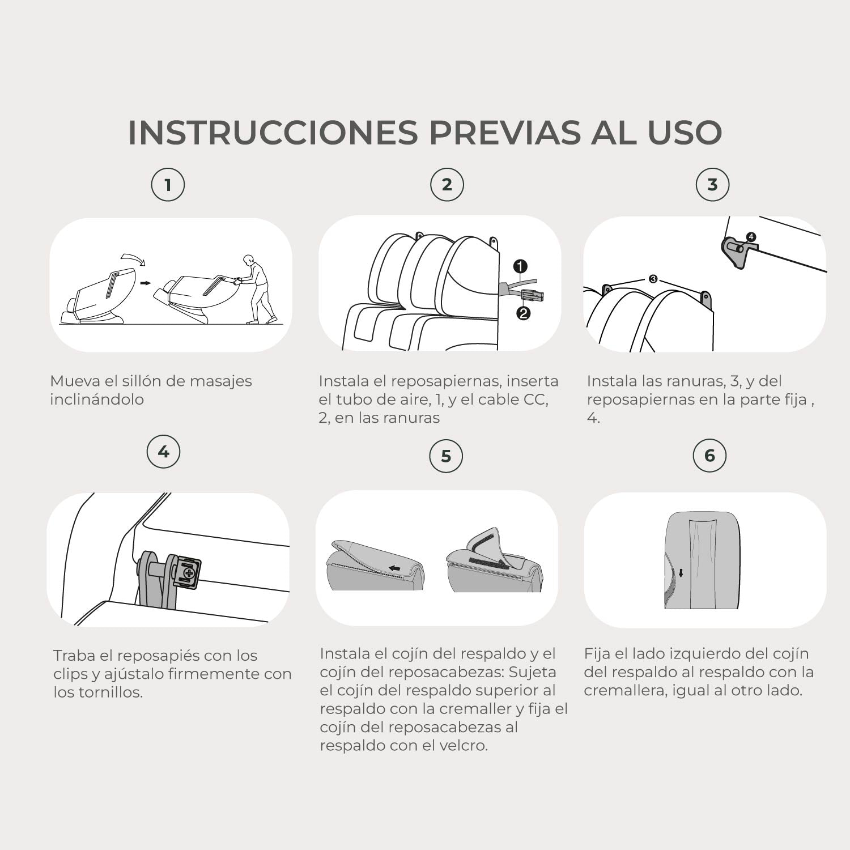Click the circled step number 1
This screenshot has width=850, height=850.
168,185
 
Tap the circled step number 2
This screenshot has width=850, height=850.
447,185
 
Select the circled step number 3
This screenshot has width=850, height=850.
712,185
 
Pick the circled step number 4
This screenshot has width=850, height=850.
163,452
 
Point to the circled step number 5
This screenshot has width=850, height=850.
446,456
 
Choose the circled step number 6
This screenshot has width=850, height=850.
709,455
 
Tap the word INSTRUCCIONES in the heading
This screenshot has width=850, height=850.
273,132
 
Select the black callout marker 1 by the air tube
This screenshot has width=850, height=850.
520,266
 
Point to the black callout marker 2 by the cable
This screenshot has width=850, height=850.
523,313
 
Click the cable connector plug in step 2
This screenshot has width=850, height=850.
532,295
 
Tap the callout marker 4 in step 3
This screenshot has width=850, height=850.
751,237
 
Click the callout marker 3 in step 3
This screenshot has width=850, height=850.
653,279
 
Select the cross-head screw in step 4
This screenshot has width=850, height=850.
188,573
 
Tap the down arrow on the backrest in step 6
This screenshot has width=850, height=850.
681,573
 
